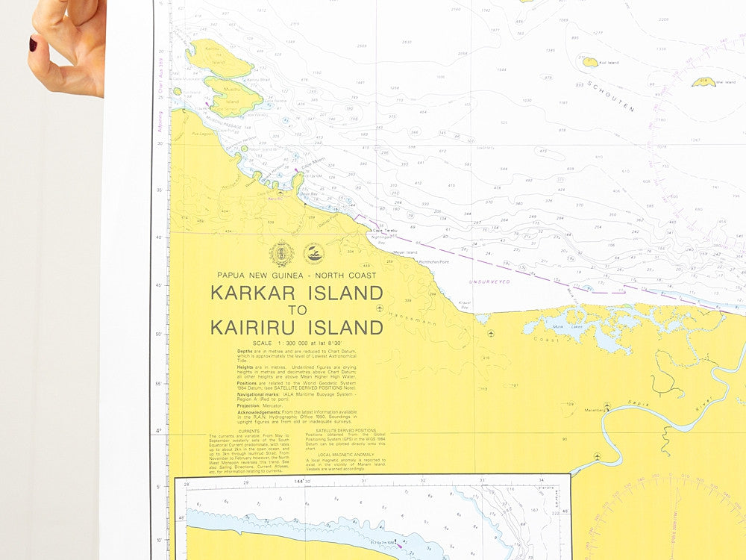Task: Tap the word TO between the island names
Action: (297, 311)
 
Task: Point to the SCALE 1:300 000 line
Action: (297, 342)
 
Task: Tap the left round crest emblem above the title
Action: (281, 253)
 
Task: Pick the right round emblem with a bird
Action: (314, 253)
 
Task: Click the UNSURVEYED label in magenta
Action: (489, 281)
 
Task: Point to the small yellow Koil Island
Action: (590, 62)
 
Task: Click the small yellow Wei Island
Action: (703, 82)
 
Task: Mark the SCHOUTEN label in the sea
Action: (609, 96)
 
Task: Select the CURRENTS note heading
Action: (249, 431)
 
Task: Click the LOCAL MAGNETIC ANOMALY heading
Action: (345, 454)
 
